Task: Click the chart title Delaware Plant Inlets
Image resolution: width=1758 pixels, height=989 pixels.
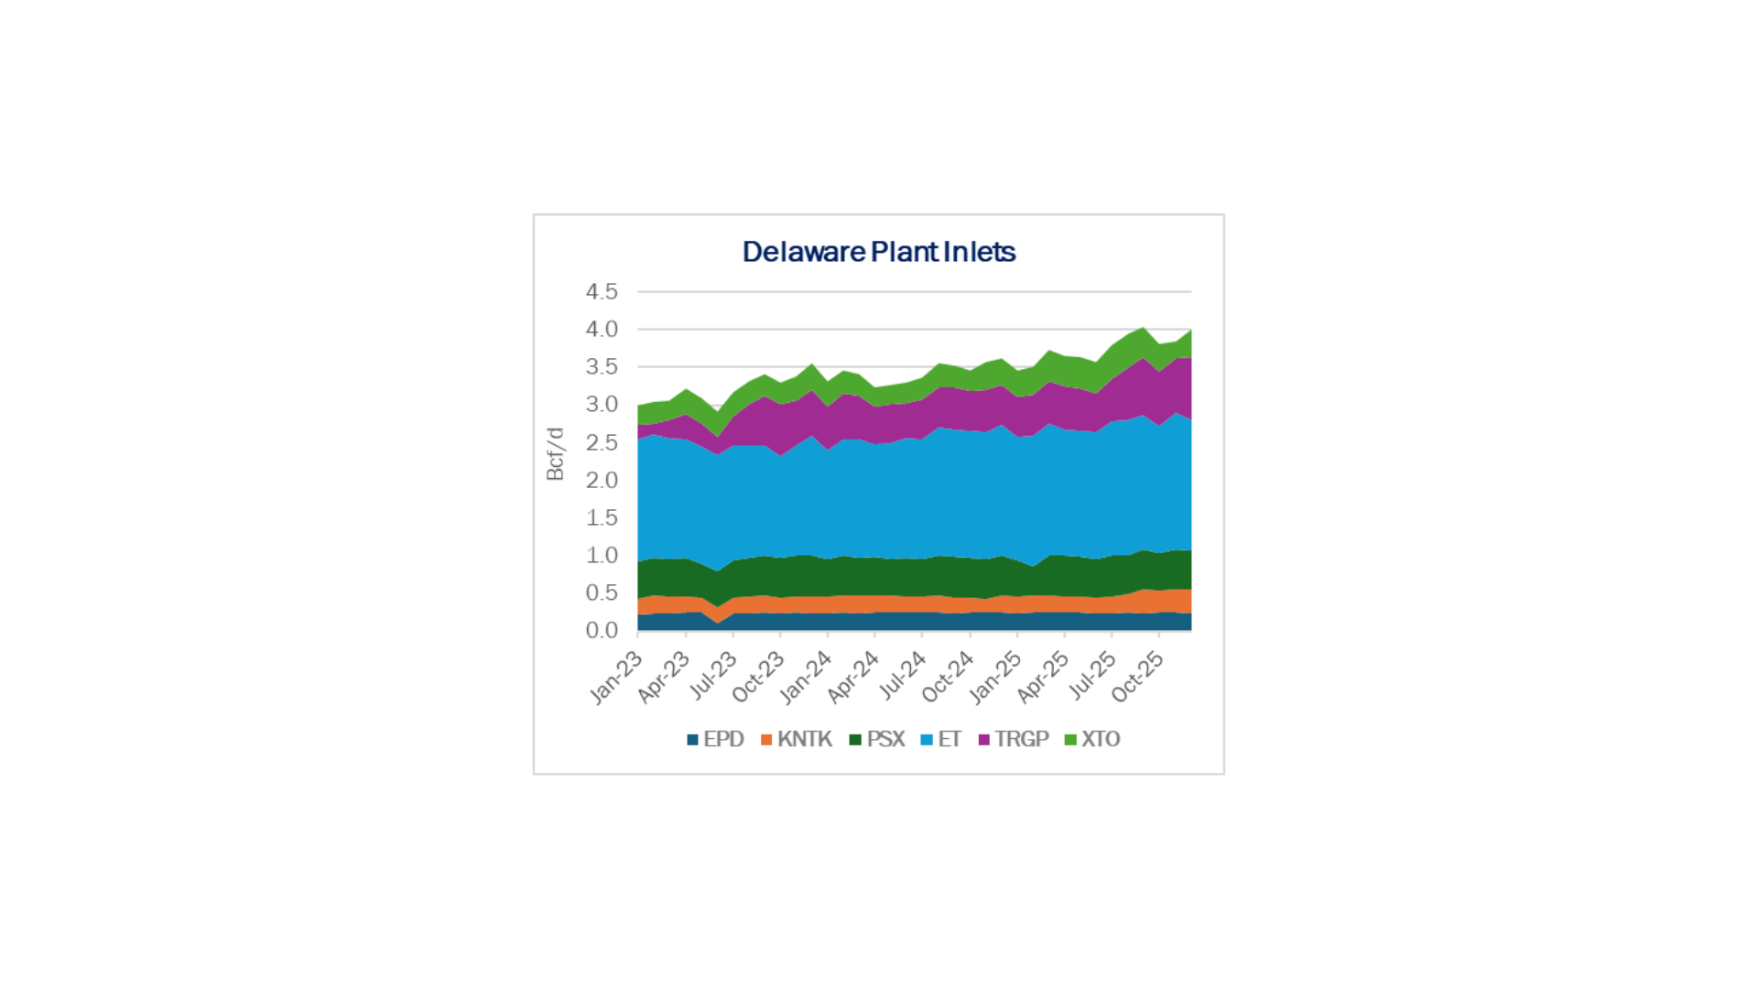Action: pos(878,252)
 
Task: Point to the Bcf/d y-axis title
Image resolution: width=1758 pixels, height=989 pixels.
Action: pos(555,453)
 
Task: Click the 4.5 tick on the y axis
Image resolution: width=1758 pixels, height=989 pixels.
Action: pos(602,291)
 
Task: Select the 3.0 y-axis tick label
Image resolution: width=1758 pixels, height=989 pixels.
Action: pos(602,404)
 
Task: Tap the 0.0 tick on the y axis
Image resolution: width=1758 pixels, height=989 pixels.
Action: pos(602,630)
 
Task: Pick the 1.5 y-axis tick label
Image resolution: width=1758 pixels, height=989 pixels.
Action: pos(602,517)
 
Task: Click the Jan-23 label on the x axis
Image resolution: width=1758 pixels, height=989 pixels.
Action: pos(616,678)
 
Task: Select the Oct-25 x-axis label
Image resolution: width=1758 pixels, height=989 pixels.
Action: pos(1138,678)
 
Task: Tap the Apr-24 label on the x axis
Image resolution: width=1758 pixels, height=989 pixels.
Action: pos(853,678)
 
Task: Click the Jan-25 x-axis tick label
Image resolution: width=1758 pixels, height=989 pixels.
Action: pos(996,678)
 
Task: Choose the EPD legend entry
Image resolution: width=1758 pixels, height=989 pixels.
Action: pos(715,739)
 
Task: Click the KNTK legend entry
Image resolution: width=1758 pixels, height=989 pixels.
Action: pos(796,739)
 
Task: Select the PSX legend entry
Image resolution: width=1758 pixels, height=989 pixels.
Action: pos(877,739)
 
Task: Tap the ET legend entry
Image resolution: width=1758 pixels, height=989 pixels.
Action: pos(941,739)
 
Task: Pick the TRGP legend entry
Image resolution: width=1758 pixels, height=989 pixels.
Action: pos(1014,739)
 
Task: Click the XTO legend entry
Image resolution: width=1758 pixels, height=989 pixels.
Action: pos(1092,739)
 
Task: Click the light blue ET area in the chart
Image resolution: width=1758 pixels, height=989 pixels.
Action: pos(916,494)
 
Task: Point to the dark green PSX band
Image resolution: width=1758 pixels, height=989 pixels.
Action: pos(916,577)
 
